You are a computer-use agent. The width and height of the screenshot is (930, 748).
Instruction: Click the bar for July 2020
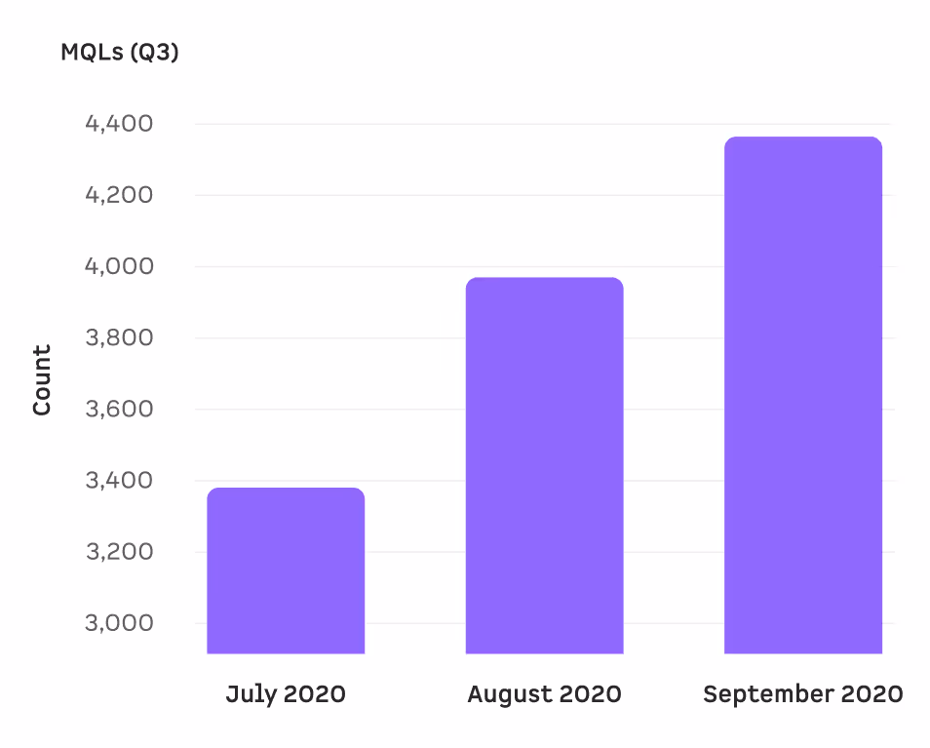[286, 571]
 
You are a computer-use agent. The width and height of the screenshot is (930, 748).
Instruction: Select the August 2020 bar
[544, 465]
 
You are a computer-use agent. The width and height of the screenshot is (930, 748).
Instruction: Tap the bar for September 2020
[803, 395]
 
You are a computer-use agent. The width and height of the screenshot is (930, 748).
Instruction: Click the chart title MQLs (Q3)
[120, 53]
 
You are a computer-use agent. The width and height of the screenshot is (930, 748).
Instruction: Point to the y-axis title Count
[42, 380]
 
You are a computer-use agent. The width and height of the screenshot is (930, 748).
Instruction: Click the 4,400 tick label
[119, 124]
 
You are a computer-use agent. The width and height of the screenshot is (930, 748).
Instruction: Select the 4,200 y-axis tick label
[119, 195]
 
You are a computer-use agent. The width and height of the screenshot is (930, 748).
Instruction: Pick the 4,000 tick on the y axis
[119, 266]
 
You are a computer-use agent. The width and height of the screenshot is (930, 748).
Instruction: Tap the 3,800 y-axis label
[119, 338]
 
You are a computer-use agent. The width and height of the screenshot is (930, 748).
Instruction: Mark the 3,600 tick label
[119, 409]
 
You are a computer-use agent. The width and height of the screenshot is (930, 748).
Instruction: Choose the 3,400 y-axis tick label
[119, 481]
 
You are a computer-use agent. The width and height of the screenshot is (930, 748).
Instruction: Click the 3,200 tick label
[119, 552]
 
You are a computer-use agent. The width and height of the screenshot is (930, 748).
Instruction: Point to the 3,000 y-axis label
[119, 623]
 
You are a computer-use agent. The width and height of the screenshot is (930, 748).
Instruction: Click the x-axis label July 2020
[286, 694]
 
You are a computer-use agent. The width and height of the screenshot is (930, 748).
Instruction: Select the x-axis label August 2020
[544, 694]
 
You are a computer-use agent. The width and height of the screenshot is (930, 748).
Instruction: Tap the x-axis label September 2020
[803, 694]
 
